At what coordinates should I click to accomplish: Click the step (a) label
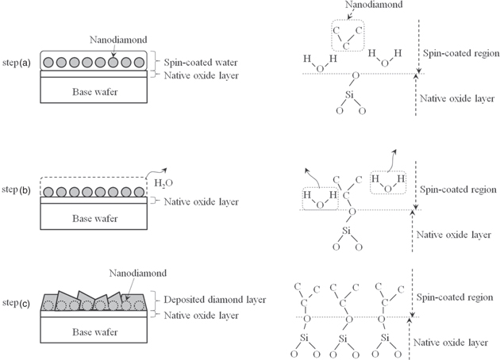(19, 61)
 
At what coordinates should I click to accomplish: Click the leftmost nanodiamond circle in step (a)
(49, 62)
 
